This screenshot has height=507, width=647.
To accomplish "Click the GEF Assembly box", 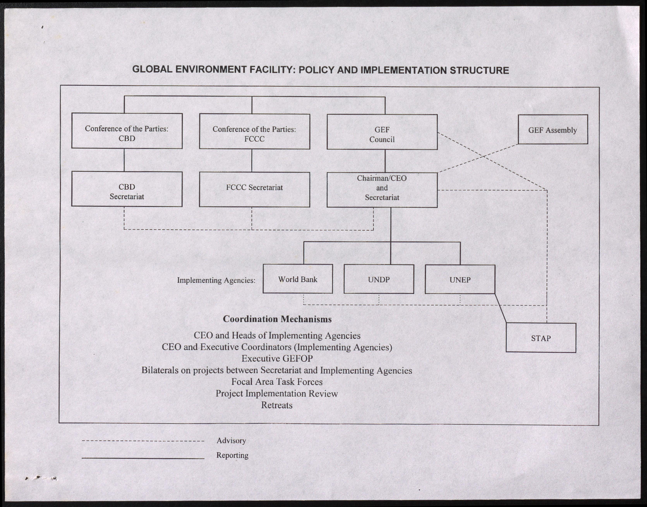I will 553,130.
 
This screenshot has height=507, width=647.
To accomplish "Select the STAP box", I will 541,338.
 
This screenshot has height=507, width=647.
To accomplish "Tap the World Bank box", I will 297,279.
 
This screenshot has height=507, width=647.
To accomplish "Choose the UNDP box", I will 379,279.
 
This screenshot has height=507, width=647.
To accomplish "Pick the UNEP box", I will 460,280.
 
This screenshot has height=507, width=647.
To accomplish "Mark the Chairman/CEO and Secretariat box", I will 382,190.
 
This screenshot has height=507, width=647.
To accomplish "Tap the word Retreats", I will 277,405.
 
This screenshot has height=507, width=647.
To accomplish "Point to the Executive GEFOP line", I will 277,359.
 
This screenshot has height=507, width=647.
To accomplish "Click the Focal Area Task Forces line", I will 277,382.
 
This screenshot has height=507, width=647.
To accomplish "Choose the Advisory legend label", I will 231,440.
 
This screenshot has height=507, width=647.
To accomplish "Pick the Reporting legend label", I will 232,455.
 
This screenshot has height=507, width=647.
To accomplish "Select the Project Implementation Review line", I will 277,394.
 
